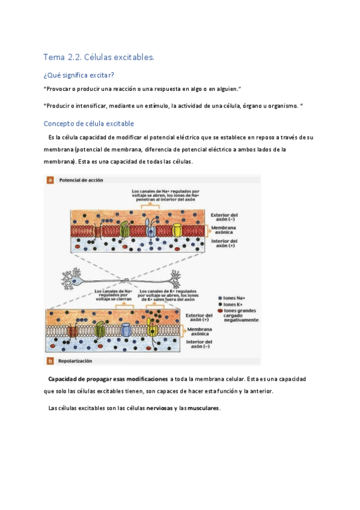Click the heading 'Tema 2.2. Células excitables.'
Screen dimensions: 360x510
tap(99, 57)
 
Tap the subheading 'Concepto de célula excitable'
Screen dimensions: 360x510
tap(88, 123)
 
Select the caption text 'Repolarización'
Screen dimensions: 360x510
tap(75, 361)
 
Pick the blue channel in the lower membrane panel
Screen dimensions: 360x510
tap(126, 330)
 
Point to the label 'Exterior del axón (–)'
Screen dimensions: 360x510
tap(224, 217)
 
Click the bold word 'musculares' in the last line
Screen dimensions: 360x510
tap(204, 408)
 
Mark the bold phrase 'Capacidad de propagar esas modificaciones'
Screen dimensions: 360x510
tap(108, 379)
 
